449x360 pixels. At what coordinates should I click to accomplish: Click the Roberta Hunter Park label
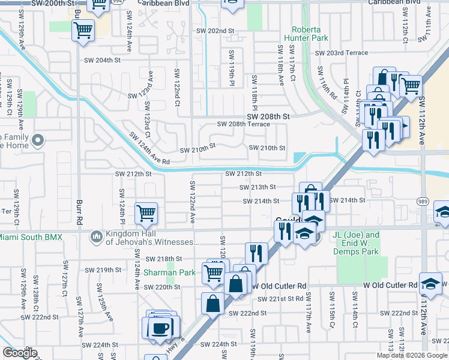[x=310, y=34]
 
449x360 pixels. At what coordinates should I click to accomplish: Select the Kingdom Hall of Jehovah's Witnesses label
[x=152, y=238]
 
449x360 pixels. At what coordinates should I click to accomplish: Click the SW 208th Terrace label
[x=243, y=124]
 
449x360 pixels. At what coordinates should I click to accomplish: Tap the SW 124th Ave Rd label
[x=149, y=148]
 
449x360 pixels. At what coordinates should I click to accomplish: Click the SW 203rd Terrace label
[x=342, y=53]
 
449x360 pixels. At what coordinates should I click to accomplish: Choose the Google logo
[x=20, y=352]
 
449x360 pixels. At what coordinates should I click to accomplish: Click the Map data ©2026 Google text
[x=412, y=355]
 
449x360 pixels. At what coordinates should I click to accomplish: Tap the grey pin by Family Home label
[x=38, y=142]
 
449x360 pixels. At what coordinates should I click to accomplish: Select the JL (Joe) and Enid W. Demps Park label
[x=356, y=243]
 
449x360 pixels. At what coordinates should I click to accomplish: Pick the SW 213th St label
[x=258, y=187]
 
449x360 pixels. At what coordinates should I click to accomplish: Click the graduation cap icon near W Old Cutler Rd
[x=430, y=283]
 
